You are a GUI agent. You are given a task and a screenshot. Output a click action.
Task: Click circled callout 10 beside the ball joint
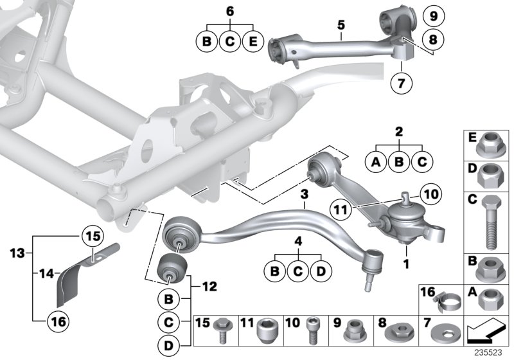[430, 192]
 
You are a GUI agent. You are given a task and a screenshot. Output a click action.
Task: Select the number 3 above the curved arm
[305, 194]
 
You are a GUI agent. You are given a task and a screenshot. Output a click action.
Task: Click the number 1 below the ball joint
[406, 264]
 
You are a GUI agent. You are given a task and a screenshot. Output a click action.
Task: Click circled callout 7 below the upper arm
[403, 83]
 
